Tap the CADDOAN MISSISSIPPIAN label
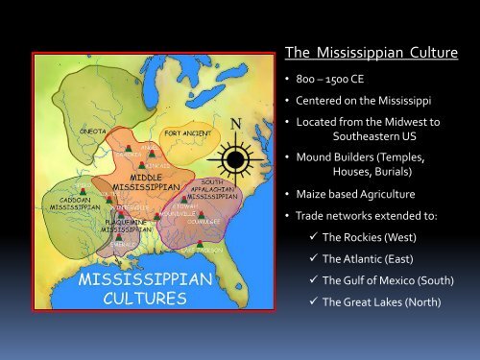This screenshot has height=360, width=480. click(x=68, y=203)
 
